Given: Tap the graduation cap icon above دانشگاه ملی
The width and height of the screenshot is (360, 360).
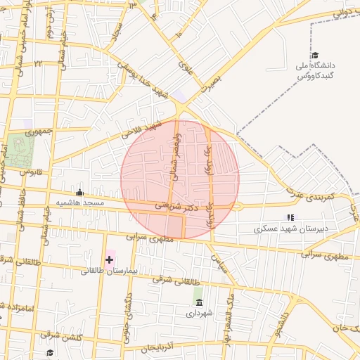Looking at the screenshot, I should pyautogui.click(x=315, y=56).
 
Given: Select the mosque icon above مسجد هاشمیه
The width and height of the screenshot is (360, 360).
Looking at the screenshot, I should pyautogui.click(x=79, y=192).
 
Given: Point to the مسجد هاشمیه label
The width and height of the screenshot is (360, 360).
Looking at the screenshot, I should pyautogui.click(x=81, y=202).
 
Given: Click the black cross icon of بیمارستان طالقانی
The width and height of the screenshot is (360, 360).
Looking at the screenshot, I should pyautogui.click(x=109, y=259).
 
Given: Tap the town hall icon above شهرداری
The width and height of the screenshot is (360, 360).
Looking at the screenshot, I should pyautogui.click(x=198, y=302).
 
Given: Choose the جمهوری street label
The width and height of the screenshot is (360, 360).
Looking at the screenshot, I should pyautogui.click(x=40, y=131).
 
